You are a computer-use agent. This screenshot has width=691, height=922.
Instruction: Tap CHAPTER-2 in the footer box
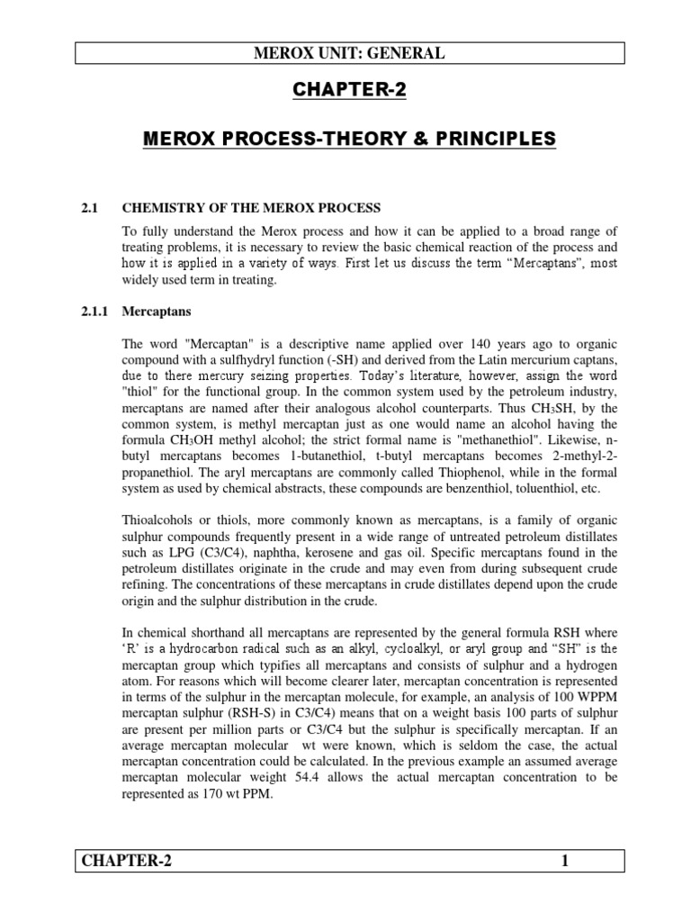point(126,862)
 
